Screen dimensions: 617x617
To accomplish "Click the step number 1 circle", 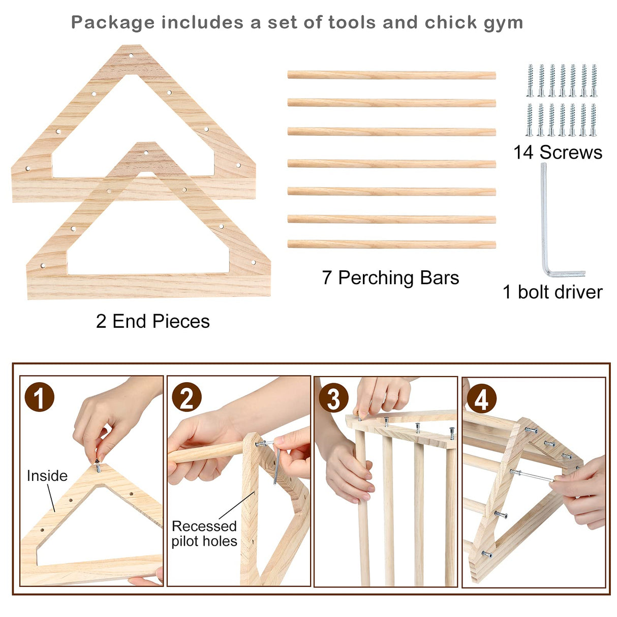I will [x=39, y=397].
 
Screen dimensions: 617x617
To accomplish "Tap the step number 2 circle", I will [x=187, y=397].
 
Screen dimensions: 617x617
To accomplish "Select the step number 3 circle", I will [x=333, y=398].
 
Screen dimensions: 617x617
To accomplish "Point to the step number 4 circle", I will [x=481, y=399].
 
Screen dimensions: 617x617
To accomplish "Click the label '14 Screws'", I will [x=558, y=152].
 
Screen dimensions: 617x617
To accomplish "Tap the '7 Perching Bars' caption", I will [x=390, y=278].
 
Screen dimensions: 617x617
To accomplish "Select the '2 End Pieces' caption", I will [x=152, y=321].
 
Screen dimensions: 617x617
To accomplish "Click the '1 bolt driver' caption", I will [x=552, y=292].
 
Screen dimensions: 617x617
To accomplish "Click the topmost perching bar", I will [x=391, y=75].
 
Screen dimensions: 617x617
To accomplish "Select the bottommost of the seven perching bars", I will [x=391, y=244].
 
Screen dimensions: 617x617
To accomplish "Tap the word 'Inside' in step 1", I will [x=47, y=476].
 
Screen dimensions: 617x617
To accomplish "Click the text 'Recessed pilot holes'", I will [x=204, y=533].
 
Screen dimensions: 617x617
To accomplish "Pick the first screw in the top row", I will [x=530, y=80].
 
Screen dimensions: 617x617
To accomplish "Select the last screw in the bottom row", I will [x=593, y=120].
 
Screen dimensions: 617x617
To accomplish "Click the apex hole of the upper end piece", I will [x=131, y=55].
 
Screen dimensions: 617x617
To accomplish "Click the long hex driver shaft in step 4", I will [x=534, y=476].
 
